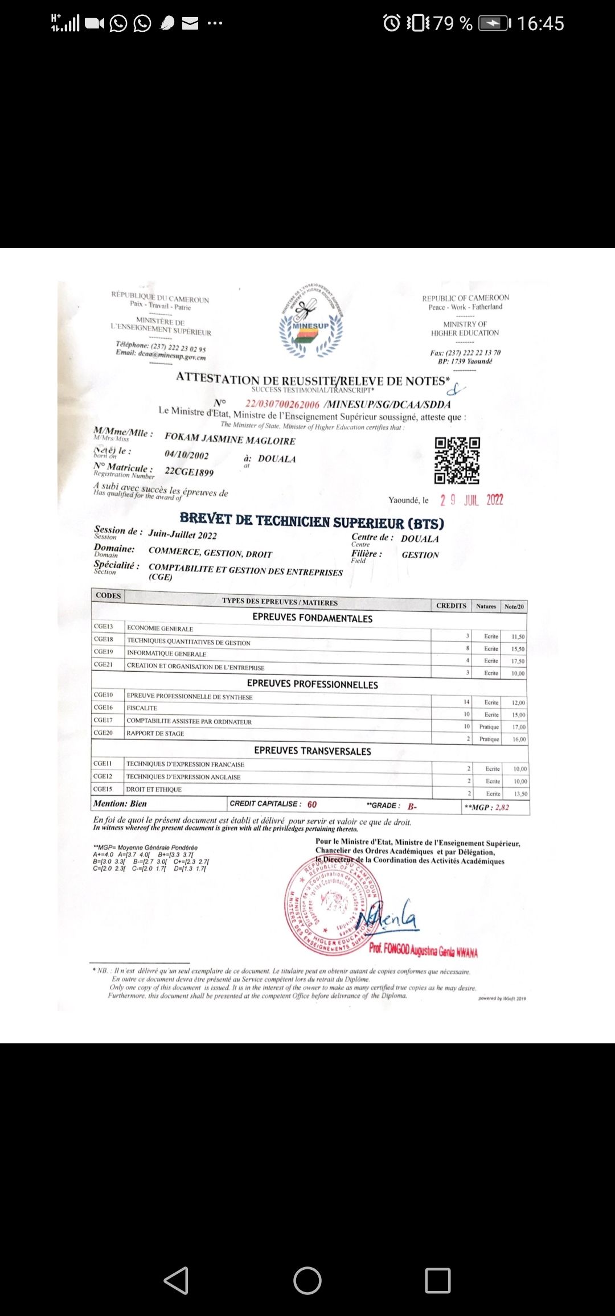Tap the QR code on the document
(457, 460)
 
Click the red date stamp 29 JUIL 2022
(471, 500)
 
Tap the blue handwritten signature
(389, 915)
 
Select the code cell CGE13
(104, 626)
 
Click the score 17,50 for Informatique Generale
(518, 661)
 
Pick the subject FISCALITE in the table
(142, 708)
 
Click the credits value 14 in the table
(466, 702)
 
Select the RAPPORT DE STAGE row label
(155, 733)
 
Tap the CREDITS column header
(451, 606)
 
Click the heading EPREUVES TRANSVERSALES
(312, 751)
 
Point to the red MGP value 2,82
(502, 807)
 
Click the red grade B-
(412, 807)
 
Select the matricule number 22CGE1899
(189, 472)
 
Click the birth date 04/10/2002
(187, 455)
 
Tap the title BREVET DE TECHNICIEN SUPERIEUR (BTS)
(311, 521)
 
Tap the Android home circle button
(307, 1281)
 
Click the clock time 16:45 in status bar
(540, 23)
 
